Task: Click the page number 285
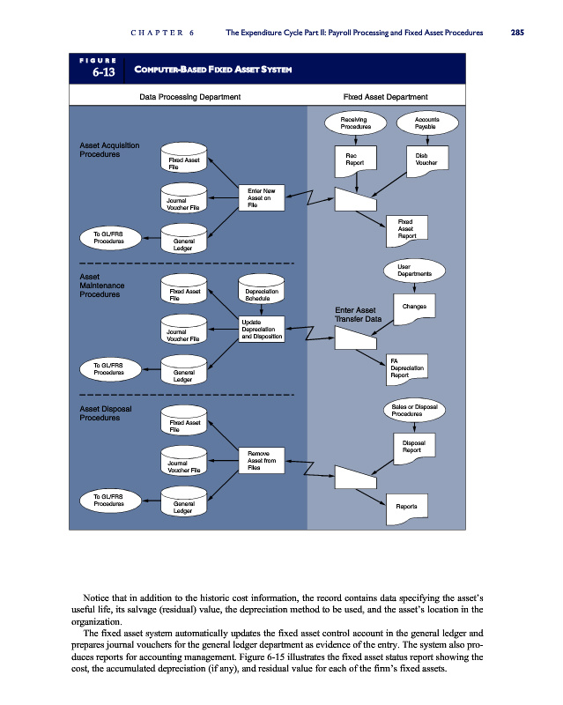coord(516,33)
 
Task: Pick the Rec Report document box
coord(354,159)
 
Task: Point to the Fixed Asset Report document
coord(406,229)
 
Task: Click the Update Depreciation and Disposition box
coord(260,330)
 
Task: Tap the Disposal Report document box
coord(413,448)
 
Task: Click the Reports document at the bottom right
coord(406,507)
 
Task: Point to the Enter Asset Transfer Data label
coord(357,315)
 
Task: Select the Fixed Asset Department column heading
coord(386,96)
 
